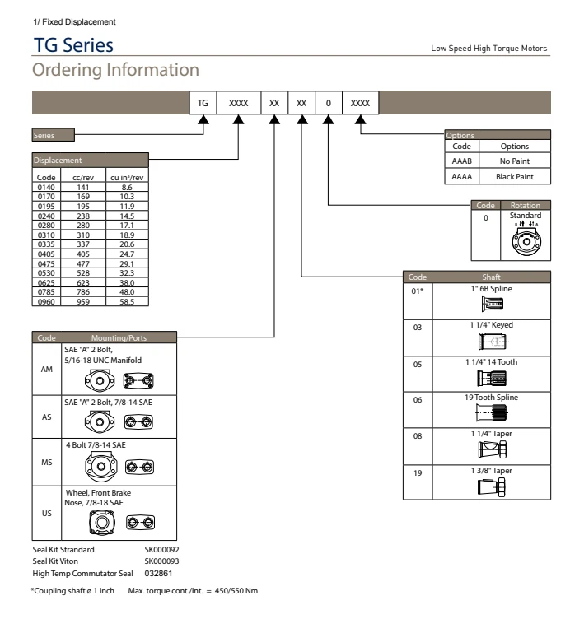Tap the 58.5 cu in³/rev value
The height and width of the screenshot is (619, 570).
coord(127,301)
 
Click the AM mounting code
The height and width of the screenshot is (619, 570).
coord(48,370)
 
